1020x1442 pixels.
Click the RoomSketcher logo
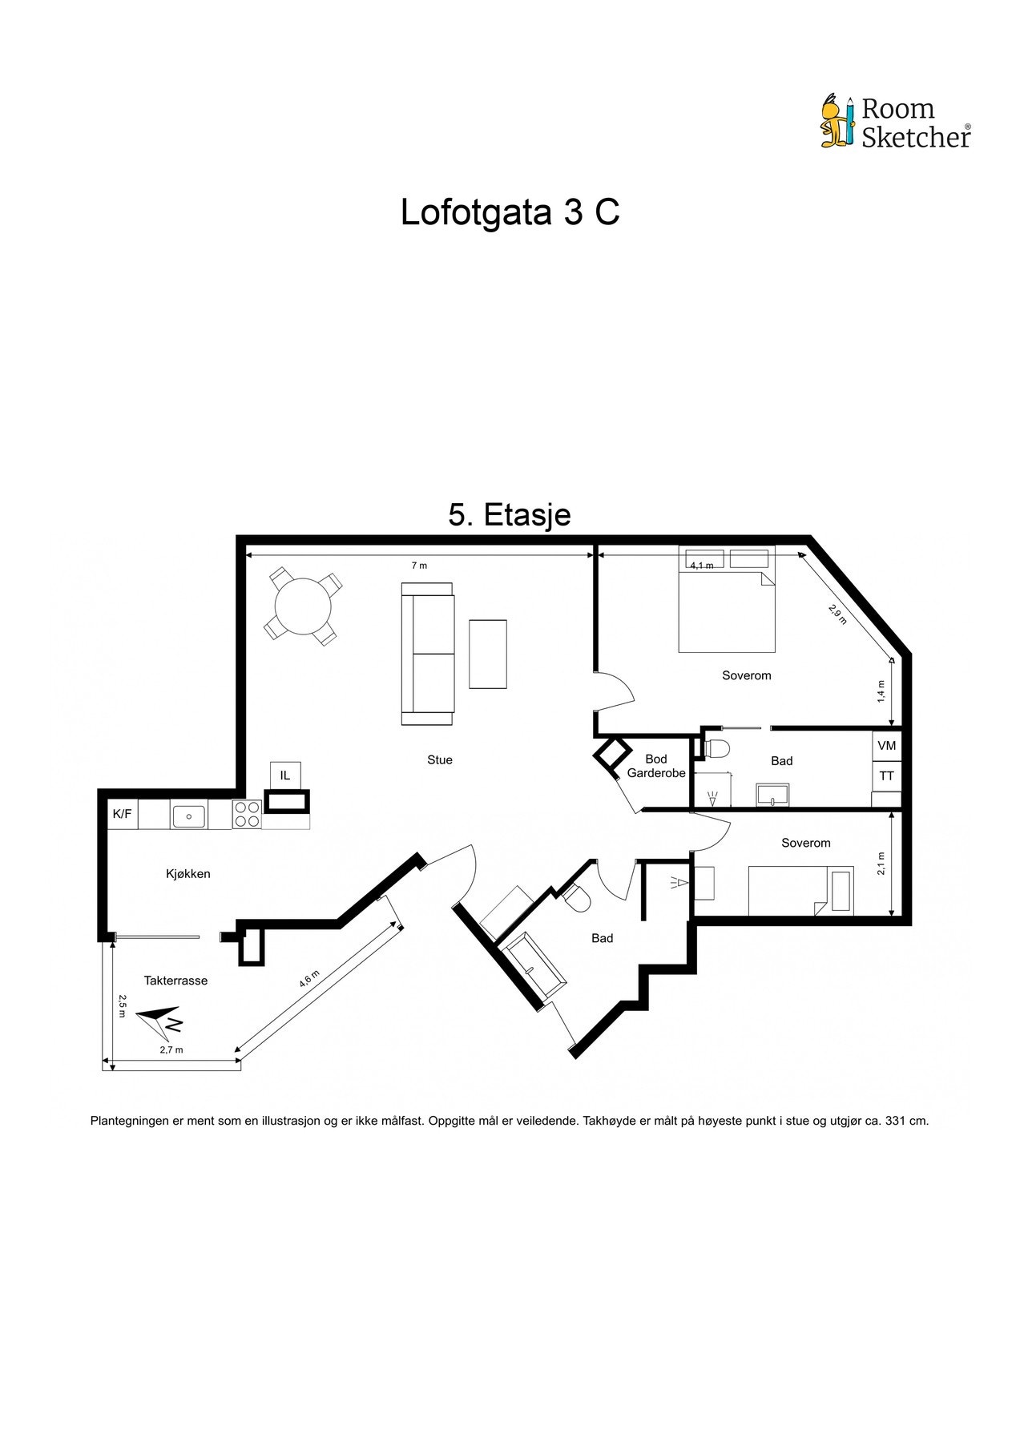pos(895,123)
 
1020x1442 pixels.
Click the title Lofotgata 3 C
pos(510,213)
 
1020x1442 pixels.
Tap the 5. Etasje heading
pos(510,514)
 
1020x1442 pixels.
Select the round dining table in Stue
pos(302,606)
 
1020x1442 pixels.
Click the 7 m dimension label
pos(419,566)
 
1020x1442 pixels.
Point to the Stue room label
pos(440,760)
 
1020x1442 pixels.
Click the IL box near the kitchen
pos(285,775)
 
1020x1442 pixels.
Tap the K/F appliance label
pos(122,814)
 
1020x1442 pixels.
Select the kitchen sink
pos(188,816)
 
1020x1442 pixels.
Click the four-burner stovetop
pos(247,814)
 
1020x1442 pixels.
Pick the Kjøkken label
pos(188,874)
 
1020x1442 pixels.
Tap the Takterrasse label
pos(175,981)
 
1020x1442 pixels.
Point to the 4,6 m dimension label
pos(309,979)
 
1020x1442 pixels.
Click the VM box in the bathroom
pos(887,746)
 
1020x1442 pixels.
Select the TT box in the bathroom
pos(887,776)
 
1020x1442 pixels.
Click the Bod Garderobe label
pos(656,766)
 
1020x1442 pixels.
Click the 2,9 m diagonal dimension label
pos(837,614)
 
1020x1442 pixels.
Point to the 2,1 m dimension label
pos(881,863)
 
